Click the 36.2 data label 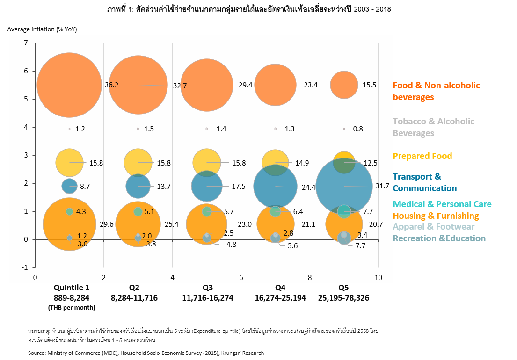112,86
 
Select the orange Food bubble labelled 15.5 344,85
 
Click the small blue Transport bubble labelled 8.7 69,186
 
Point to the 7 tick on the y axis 26,43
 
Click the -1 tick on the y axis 25,267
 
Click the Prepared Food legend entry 422,156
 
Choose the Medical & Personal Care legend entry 442,204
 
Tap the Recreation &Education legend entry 439,238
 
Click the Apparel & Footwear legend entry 433,227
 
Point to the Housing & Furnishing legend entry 436,216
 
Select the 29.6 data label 107,225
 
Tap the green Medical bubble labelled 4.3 69,211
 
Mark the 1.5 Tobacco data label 149,129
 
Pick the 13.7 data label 164,186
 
